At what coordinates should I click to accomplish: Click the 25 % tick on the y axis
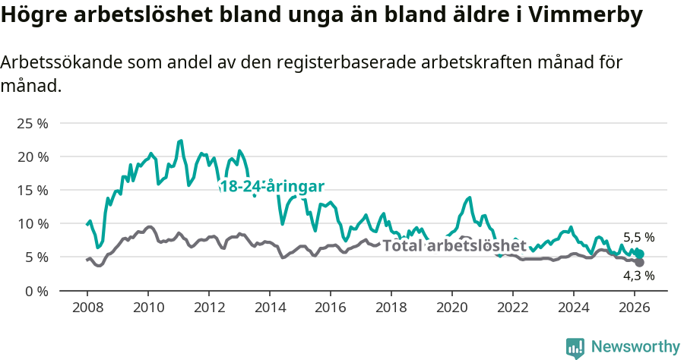pos(33,123)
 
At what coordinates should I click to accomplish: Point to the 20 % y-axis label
pos(33,156)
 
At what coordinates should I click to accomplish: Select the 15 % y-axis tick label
pos(33,190)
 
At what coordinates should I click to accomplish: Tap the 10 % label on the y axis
pos(33,223)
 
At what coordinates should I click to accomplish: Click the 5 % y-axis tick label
pos(36,257)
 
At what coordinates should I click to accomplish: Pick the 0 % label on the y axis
pos(36,290)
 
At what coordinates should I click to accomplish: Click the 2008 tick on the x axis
pos(87,308)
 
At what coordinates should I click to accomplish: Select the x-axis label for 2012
pos(209,308)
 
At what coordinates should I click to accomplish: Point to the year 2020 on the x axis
pos(452,308)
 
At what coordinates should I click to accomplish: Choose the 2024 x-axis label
pos(574,308)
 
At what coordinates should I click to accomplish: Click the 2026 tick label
pos(635,308)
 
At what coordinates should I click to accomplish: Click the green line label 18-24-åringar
pos(271,187)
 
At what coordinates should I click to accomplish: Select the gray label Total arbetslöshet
pos(454,245)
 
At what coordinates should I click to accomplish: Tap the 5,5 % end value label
pos(638,237)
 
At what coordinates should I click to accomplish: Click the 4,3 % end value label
pos(638,276)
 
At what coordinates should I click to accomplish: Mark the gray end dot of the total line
pos(639,262)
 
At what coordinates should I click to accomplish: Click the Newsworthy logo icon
pos(575,347)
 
